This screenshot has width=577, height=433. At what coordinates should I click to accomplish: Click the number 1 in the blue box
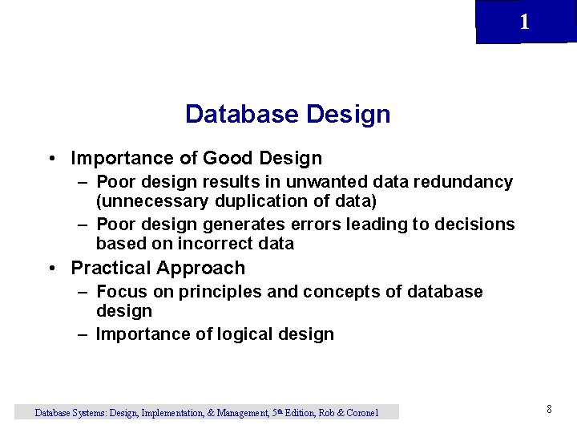524,22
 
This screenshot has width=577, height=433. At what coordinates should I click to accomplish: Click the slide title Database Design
288,115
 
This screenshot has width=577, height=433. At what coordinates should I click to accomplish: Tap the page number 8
549,410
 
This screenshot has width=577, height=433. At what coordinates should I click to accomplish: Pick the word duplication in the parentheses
261,200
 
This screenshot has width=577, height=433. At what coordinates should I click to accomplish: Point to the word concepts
330,292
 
